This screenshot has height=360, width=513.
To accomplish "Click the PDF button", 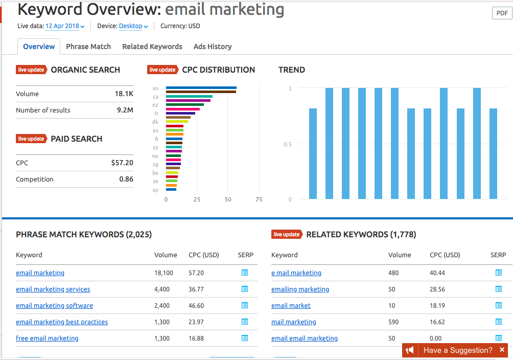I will pyautogui.click(x=501, y=13).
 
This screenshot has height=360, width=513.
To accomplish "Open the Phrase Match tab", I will pyautogui.click(x=88, y=47).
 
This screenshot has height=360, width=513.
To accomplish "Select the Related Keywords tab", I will pyautogui.click(x=152, y=47).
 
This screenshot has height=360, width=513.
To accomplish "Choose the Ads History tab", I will pyautogui.click(x=213, y=47).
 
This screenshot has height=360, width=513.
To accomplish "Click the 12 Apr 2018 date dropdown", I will pyautogui.click(x=65, y=26).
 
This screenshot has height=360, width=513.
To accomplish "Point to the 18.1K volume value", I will pyautogui.click(x=124, y=94).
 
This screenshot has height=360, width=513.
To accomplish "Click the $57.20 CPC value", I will pyautogui.click(x=122, y=163).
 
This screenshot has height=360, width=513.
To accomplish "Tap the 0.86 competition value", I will pyautogui.click(x=126, y=179).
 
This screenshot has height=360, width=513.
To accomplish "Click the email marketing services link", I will pyautogui.click(x=53, y=289).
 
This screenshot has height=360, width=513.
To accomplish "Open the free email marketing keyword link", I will pyautogui.click(x=47, y=339).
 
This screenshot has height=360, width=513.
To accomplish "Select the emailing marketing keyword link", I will pyautogui.click(x=300, y=289).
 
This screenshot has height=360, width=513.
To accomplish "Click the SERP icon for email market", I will pyautogui.click(x=499, y=306).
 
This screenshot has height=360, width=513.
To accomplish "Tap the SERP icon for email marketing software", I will pyautogui.click(x=245, y=306).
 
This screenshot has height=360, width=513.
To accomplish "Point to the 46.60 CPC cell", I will pyautogui.click(x=196, y=306).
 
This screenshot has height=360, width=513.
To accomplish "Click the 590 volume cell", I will pyautogui.click(x=393, y=322).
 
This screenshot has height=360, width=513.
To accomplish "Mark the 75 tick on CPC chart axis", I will pyautogui.click(x=259, y=200).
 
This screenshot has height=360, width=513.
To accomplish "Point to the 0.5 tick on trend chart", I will pyautogui.click(x=288, y=144).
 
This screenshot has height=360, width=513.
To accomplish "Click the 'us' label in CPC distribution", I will pyautogui.click(x=155, y=88).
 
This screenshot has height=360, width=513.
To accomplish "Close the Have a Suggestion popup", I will pyautogui.click(x=502, y=350).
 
